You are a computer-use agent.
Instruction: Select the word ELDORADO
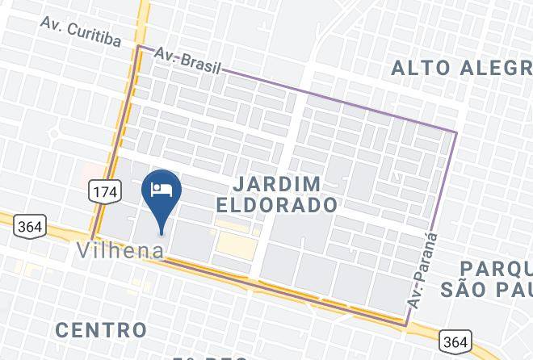pos(277,205)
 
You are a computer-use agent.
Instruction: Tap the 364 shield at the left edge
pos(29,227)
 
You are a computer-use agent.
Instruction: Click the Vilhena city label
pos(120,250)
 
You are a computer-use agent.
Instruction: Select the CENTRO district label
pos(102,329)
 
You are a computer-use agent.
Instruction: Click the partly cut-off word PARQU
pos(496,269)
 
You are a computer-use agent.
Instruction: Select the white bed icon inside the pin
pos(162,188)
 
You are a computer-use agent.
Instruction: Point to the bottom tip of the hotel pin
pos(162,233)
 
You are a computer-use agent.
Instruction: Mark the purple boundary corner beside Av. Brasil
pos(138,47)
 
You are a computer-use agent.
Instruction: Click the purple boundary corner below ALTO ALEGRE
pos(456,132)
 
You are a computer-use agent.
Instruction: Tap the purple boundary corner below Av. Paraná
pos(405,324)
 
